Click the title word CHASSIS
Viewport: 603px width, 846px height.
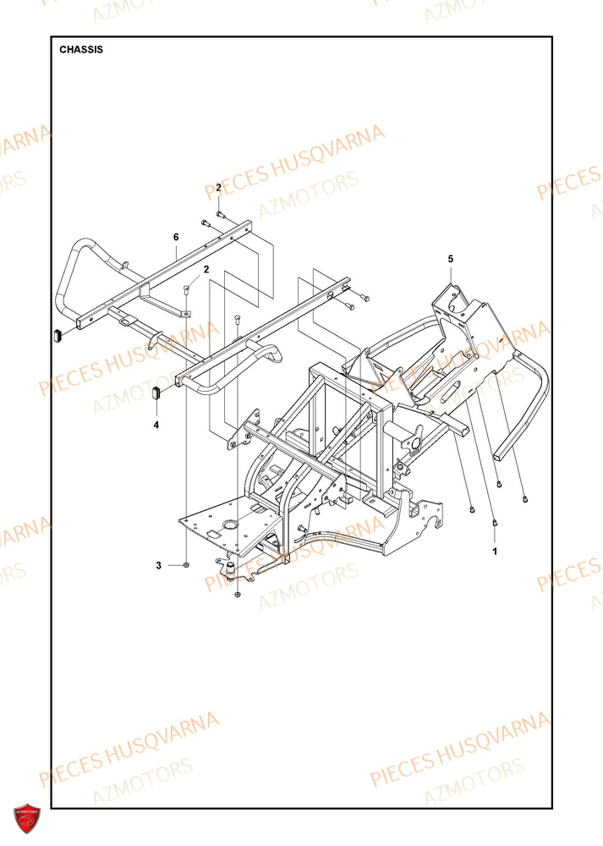(x=81, y=49)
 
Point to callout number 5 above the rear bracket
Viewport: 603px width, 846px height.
(x=451, y=258)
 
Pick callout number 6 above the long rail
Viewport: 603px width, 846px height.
(x=176, y=239)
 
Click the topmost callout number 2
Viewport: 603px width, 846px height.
(x=218, y=187)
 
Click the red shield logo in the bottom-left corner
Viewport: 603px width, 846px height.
(x=25, y=819)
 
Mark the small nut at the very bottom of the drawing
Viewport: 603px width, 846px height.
(x=238, y=596)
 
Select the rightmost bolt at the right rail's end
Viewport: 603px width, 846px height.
(x=365, y=298)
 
